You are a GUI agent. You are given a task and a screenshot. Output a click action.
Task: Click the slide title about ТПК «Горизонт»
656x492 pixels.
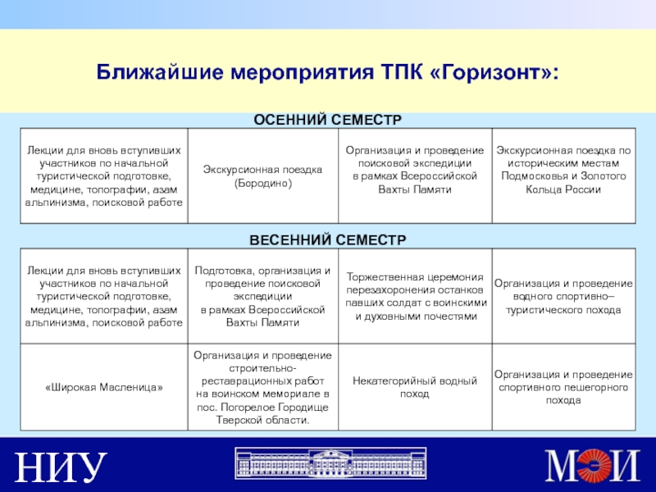[x=328, y=74]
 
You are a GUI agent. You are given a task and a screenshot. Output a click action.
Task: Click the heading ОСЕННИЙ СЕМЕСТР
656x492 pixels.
[x=326, y=121]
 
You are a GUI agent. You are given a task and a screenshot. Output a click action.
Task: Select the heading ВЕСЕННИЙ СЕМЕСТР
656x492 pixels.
[x=328, y=239]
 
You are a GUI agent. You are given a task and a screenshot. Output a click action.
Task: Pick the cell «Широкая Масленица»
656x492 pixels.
[x=105, y=387]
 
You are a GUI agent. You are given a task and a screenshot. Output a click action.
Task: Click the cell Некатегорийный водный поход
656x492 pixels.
[x=414, y=387]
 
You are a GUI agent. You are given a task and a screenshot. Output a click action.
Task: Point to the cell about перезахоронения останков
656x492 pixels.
[x=414, y=296]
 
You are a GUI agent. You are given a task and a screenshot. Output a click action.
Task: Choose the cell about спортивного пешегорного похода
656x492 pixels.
[x=563, y=387]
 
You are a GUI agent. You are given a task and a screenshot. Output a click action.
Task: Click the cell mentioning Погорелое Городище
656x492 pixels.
[x=262, y=387]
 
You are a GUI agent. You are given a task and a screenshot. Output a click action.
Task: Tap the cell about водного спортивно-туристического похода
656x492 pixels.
[x=563, y=296]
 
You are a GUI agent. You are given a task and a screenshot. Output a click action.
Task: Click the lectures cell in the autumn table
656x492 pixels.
[x=105, y=176]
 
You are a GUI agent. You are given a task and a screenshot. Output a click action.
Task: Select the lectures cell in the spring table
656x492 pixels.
[x=105, y=296]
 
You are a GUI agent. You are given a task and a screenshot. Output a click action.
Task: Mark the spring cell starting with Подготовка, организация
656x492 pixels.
[x=262, y=296]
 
